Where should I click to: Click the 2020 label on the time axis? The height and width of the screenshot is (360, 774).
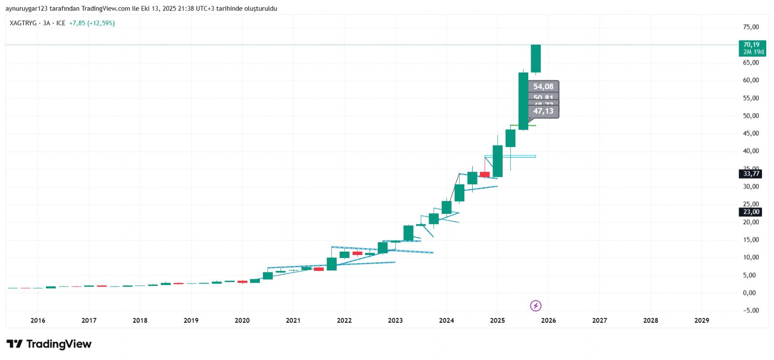tap(242, 320)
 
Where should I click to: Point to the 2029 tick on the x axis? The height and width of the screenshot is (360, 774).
tap(701, 320)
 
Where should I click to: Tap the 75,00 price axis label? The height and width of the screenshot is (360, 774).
tap(751, 27)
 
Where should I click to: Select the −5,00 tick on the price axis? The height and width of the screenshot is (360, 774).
tap(751, 311)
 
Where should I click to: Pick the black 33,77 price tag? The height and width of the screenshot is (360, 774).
tap(751, 174)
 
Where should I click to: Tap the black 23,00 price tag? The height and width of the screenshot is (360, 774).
tap(751, 212)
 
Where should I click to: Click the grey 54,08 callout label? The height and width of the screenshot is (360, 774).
tap(543, 87)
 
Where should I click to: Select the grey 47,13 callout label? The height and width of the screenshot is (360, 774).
tap(543, 111)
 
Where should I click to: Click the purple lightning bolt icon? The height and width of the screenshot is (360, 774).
tap(536, 306)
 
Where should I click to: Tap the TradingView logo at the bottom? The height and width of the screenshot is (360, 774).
tap(49, 344)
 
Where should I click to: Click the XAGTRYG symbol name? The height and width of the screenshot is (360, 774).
tap(23, 23)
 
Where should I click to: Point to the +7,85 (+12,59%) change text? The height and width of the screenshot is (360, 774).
tap(92, 23)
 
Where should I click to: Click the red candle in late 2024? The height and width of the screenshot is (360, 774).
tap(485, 174)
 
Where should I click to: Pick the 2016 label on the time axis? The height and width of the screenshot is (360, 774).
tap(38, 320)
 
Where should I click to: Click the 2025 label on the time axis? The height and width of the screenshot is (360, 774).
tap(497, 320)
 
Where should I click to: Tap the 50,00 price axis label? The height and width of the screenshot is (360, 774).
tap(751, 116)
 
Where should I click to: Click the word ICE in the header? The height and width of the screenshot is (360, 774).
tap(60, 23)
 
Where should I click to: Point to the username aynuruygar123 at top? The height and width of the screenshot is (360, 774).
tap(25, 9)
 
